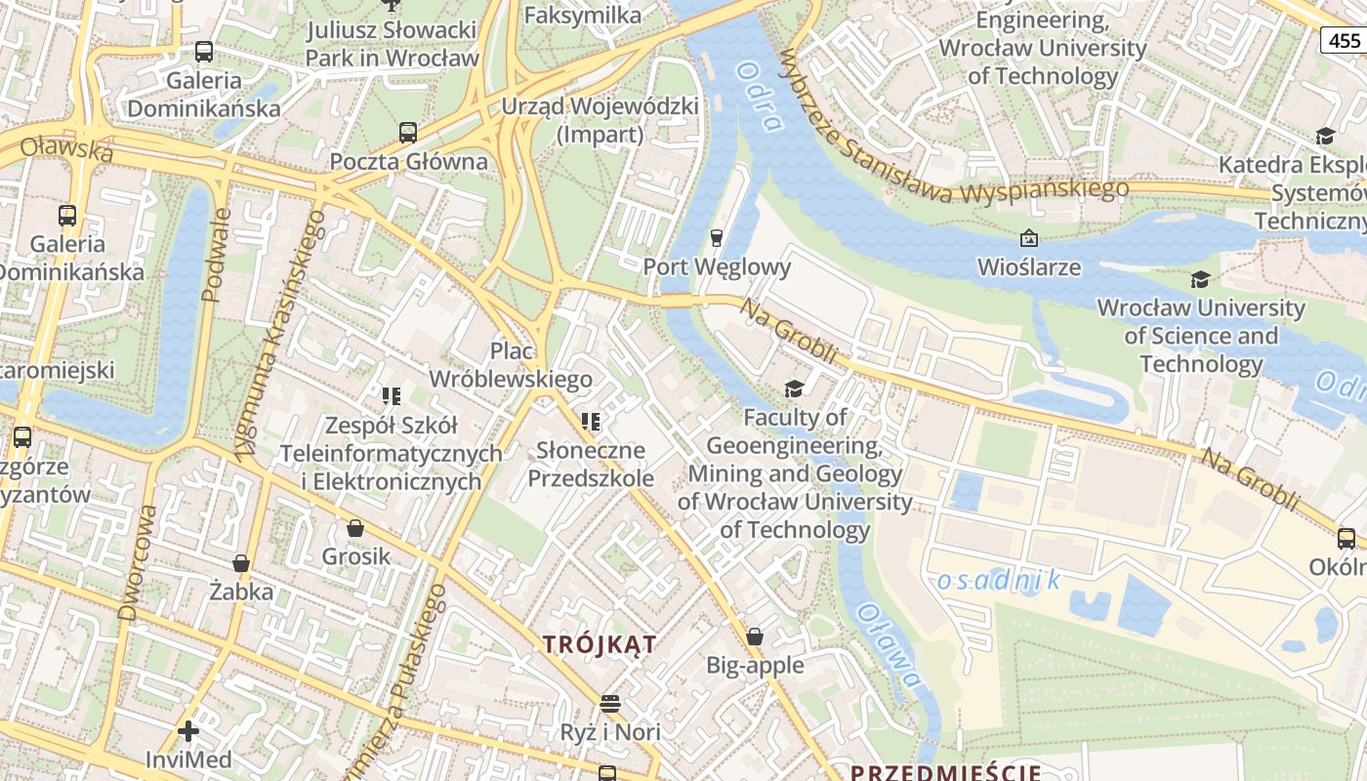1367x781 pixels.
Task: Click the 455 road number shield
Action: pos(1345,40)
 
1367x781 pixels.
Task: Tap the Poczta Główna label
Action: pos(408,161)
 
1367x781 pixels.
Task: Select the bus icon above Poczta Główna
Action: pos(408,133)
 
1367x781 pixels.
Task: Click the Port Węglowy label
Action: pos(717,267)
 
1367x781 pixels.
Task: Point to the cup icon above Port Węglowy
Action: pos(717,237)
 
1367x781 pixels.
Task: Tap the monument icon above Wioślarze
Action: pos(1028,238)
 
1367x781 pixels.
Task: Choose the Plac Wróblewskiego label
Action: pos(511,364)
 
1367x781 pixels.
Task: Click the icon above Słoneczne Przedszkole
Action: pos(590,422)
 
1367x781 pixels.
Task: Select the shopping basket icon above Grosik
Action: pos(355,528)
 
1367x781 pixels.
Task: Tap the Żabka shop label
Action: pos(241,592)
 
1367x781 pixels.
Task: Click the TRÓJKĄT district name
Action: pos(600,644)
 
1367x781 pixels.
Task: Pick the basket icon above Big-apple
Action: pos(755,637)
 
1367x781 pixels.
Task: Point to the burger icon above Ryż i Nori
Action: pos(610,703)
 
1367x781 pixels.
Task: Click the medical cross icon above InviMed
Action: pos(188,730)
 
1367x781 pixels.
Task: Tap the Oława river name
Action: pos(888,644)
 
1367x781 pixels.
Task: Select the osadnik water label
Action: pos(999,581)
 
